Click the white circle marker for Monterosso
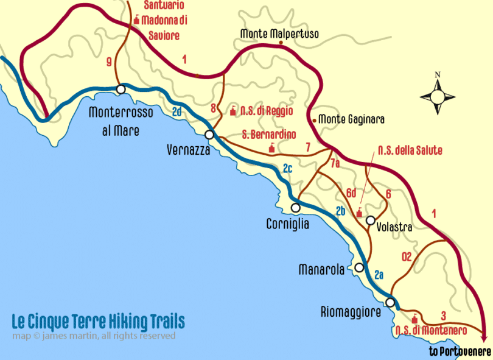click(121, 90)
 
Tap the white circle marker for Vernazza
click(209, 135)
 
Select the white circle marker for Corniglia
click(296, 208)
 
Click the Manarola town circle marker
click(360, 267)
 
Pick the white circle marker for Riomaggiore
click(390, 303)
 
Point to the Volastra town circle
click(370, 220)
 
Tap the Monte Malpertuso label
click(279, 34)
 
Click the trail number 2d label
click(177, 111)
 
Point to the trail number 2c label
click(288, 169)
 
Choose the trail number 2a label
click(379, 275)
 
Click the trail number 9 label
click(108, 62)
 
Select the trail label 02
click(407, 256)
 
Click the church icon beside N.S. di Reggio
click(232, 111)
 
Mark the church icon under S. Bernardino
click(271, 148)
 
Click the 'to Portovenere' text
click(460, 351)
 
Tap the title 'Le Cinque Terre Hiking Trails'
click(98, 321)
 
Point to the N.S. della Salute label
click(410, 150)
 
